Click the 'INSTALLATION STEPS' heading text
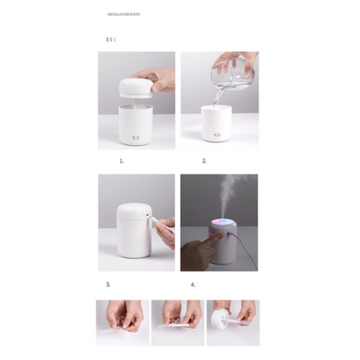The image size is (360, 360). tap(123, 14)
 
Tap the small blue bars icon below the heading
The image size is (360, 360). tap(111, 39)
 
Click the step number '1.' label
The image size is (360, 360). tap(121, 160)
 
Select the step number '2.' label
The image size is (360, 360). tap(203, 160)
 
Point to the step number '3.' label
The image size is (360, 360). tap(108, 284)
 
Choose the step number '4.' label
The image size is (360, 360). tap(193, 284)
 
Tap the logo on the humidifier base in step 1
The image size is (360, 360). tap(136, 135)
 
